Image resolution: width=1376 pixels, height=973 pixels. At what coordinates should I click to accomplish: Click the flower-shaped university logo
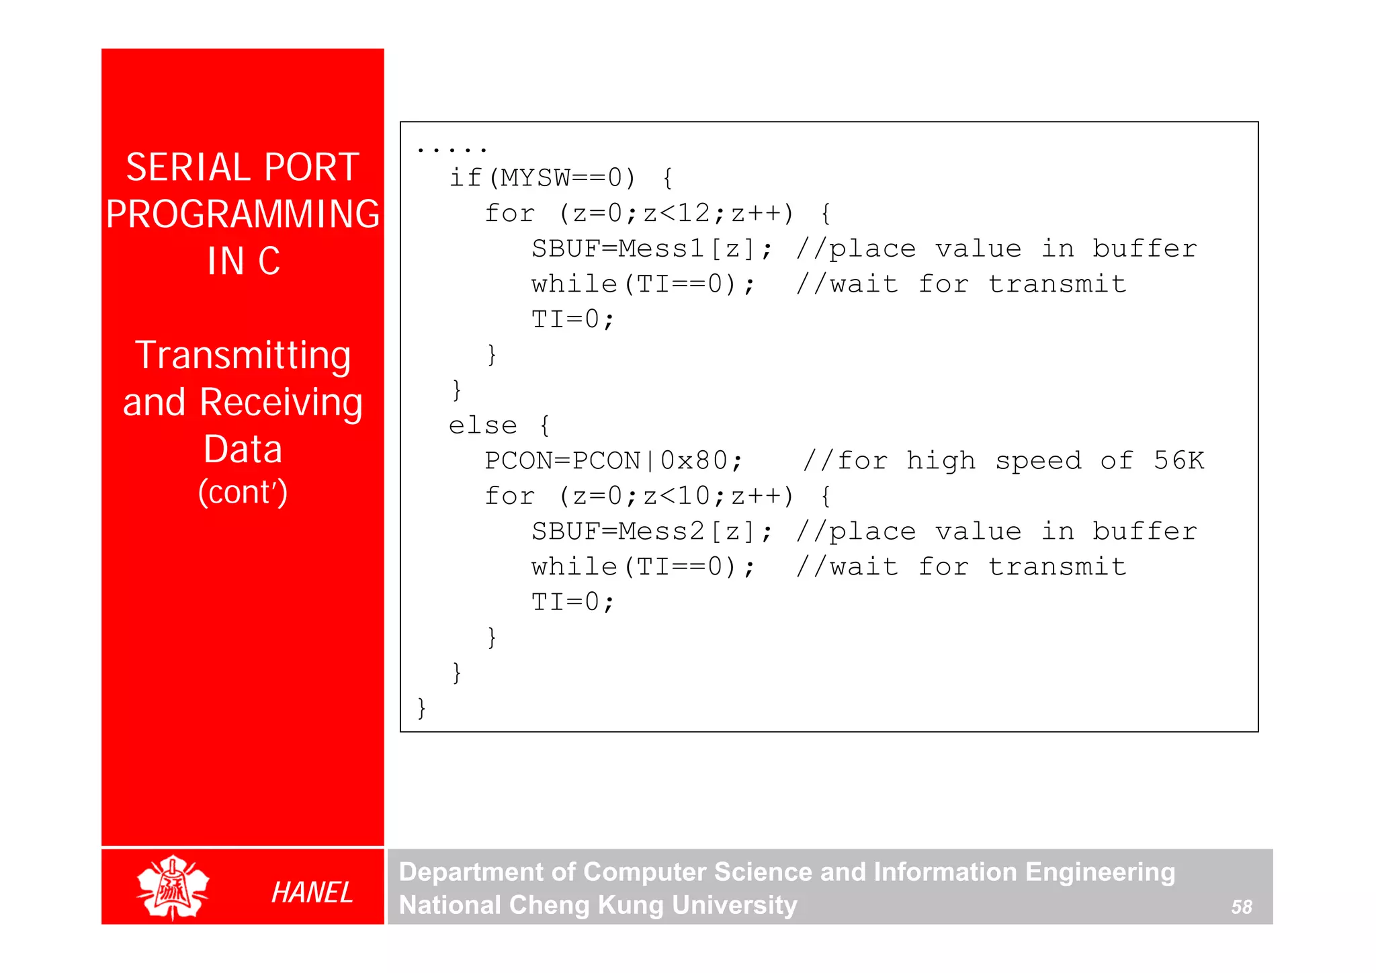(x=173, y=887)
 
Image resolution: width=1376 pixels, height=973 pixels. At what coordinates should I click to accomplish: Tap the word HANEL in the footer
(x=312, y=892)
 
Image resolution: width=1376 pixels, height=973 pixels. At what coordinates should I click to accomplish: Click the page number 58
(x=1241, y=907)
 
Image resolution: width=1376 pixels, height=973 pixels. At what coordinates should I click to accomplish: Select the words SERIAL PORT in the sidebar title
(x=243, y=167)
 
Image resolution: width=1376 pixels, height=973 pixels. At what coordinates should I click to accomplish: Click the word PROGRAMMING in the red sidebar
(x=243, y=214)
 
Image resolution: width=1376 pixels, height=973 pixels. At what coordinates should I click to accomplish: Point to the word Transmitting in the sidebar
(x=243, y=355)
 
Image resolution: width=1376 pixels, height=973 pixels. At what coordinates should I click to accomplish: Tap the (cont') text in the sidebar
(x=243, y=492)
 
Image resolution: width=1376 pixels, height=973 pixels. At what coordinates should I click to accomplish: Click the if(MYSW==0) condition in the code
(x=542, y=178)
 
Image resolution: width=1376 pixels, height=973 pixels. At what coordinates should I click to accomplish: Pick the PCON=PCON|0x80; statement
(x=613, y=461)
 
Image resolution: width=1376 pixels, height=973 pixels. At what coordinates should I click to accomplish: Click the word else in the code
(x=482, y=425)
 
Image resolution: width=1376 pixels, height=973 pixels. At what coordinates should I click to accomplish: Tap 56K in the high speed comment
(x=1178, y=461)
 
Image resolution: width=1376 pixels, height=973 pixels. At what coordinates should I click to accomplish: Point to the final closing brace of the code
(x=421, y=708)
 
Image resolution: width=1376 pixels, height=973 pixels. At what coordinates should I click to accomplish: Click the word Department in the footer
(x=471, y=872)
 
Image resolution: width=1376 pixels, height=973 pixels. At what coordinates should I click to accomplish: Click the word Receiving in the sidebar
(x=281, y=403)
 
